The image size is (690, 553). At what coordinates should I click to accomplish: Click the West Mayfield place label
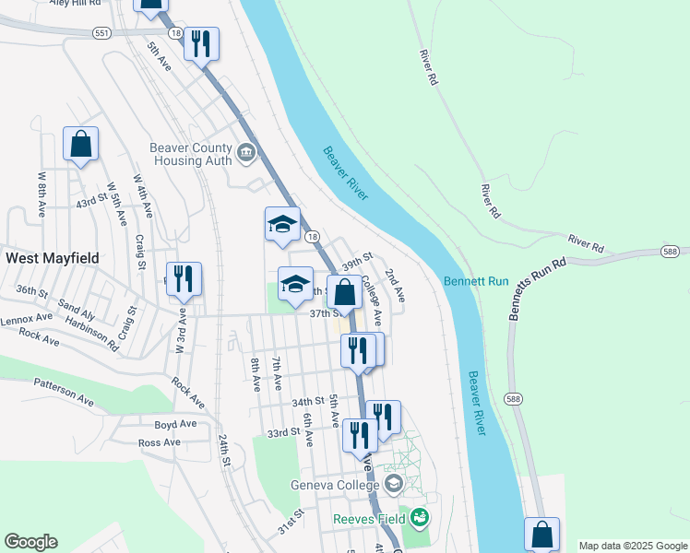53,258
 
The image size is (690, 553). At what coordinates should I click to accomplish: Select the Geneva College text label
334,486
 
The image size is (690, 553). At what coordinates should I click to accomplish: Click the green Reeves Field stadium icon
421,516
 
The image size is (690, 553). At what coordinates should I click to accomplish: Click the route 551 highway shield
101,33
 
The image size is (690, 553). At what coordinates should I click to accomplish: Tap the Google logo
30,542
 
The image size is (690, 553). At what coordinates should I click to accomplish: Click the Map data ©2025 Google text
632,546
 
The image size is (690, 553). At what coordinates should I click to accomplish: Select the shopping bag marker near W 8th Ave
80,144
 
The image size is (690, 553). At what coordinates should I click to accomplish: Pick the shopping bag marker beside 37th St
344,293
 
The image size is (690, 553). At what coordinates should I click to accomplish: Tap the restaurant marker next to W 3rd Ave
184,279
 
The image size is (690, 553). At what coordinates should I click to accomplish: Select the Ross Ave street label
159,442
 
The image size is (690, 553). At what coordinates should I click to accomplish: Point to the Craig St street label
141,252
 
